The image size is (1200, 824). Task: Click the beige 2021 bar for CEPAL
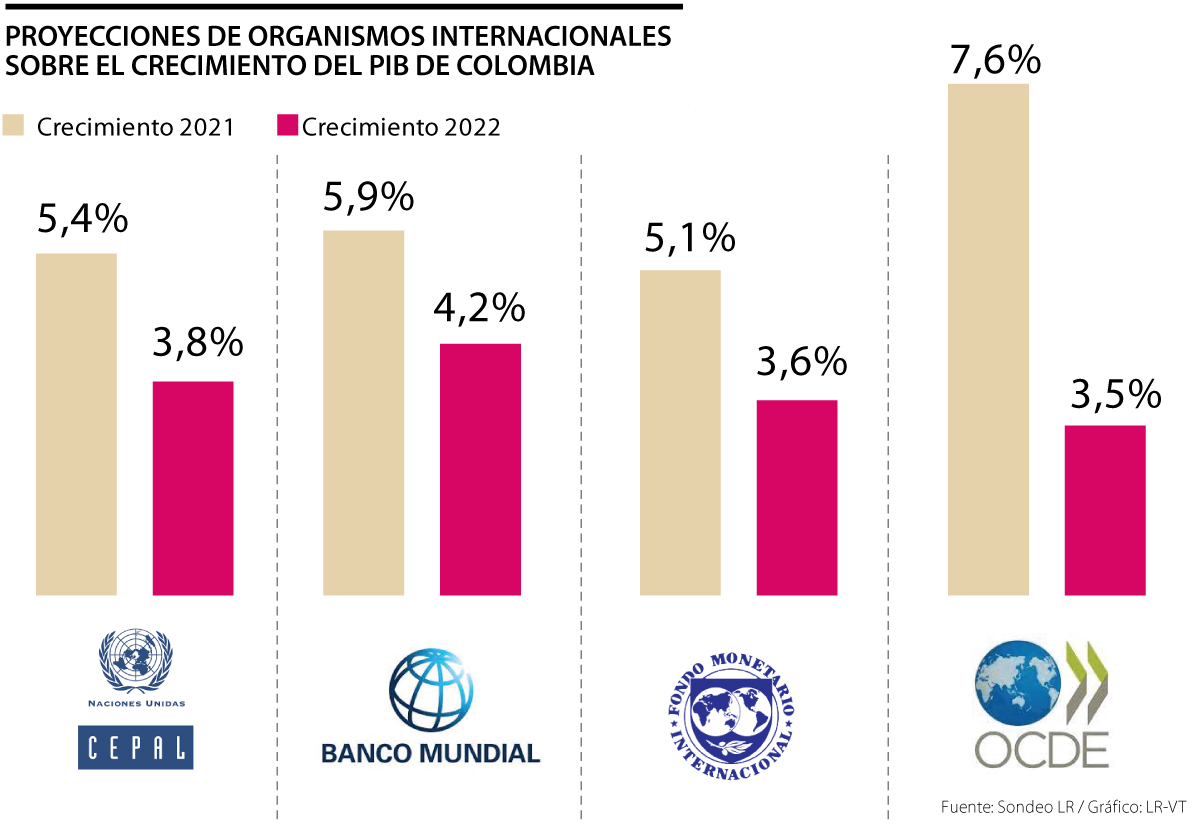[x=76, y=424]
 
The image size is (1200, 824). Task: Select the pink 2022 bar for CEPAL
[x=192, y=488]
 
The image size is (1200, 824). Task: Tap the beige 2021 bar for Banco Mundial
[x=363, y=412]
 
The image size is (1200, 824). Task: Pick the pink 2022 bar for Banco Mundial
[x=480, y=469]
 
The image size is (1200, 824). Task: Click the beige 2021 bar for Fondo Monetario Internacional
[x=679, y=432]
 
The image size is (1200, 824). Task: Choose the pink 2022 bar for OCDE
[x=1104, y=510]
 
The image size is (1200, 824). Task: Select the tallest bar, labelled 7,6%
[x=987, y=339]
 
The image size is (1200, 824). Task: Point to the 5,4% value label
[x=82, y=218]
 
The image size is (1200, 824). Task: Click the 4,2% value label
[x=479, y=308]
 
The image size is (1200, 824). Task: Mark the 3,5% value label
[x=1115, y=393]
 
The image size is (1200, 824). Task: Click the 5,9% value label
[x=368, y=197]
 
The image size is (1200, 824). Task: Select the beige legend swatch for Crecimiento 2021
[x=15, y=127]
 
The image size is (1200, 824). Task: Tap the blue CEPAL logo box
[x=135, y=746]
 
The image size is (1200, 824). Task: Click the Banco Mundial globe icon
[x=431, y=691]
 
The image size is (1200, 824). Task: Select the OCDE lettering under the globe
[x=1041, y=749]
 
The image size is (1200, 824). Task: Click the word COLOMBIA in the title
[x=516, y=66]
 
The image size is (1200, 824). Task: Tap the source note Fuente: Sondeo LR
[x=1001, y=806]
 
